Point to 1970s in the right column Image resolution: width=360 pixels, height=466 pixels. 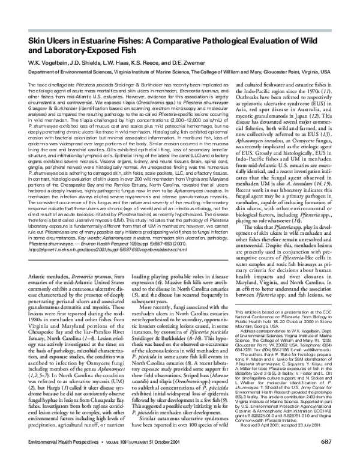320,102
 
